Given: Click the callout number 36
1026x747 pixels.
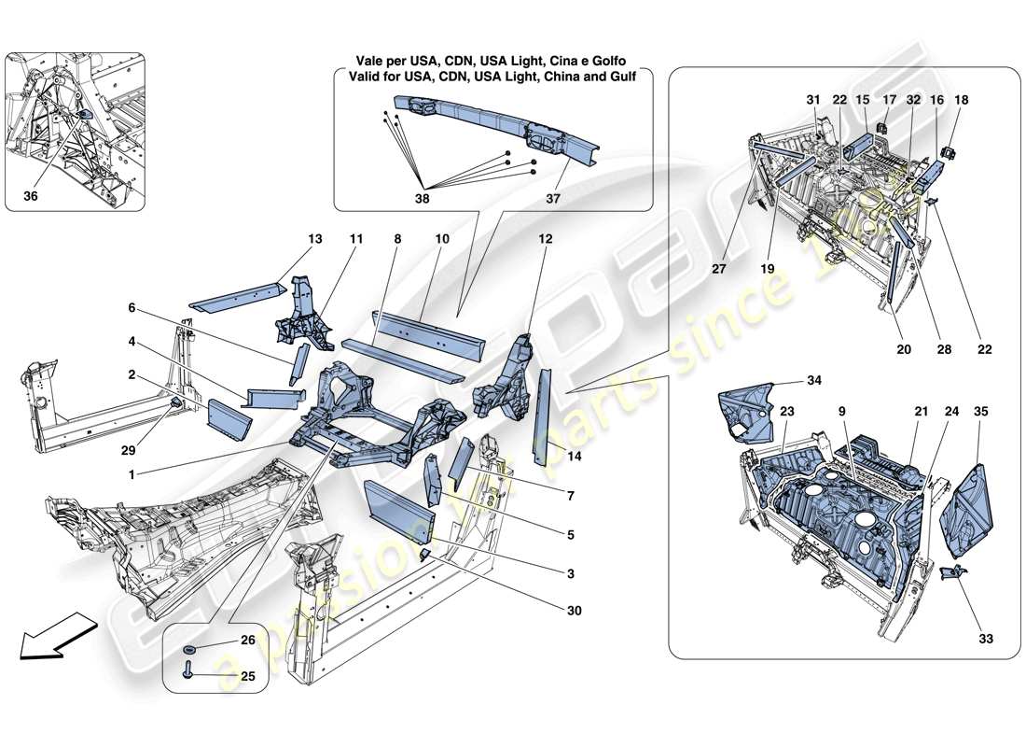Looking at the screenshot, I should click(x=30, y=197).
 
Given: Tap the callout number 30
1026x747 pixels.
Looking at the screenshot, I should click(x=574, y=611).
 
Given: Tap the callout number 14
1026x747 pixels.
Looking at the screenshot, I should click(x=574, y=457).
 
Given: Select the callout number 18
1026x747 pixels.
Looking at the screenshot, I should click(x=963, y=100).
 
